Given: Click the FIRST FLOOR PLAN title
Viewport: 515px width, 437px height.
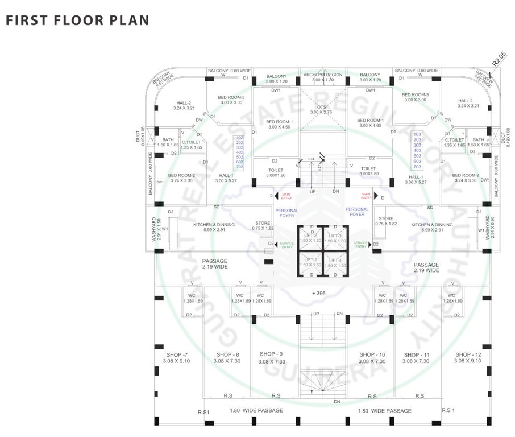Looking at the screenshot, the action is click(77, 20).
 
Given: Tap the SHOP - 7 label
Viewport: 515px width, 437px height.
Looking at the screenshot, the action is click(171, 354).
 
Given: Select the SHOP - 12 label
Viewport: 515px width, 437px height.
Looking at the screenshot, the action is click(468, 354).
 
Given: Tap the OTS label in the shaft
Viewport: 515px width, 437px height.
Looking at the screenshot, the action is click(322, 107).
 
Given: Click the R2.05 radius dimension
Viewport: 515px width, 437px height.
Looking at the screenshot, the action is click(499, 59).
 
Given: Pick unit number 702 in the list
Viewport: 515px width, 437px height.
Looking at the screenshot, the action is click(239, 167).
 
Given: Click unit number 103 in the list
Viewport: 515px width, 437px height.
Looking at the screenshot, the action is click(417, 135).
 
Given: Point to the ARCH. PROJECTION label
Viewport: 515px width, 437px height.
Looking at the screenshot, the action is click(322, 75).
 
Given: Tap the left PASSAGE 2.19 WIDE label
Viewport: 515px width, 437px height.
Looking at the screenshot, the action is click(215, 264).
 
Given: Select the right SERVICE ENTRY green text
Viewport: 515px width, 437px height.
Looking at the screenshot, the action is click(360, 244).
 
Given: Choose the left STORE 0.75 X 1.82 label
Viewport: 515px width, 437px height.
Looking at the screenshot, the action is click(263, 225).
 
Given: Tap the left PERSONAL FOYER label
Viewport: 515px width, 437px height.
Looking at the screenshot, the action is click(286, 212).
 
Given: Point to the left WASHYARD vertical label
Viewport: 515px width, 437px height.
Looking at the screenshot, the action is click(154, 229).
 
